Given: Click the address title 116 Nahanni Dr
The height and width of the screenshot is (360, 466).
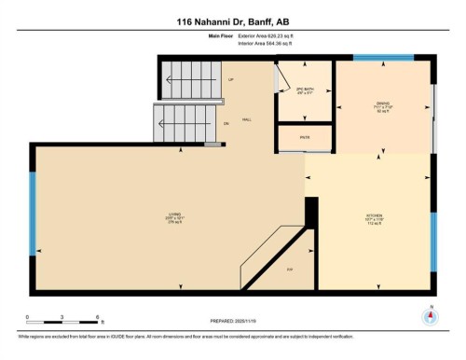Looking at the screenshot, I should pyautogui.click(x=232, y=21).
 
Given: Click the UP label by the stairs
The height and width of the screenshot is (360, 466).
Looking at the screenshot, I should pyautogui.click(x=230, y=79).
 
